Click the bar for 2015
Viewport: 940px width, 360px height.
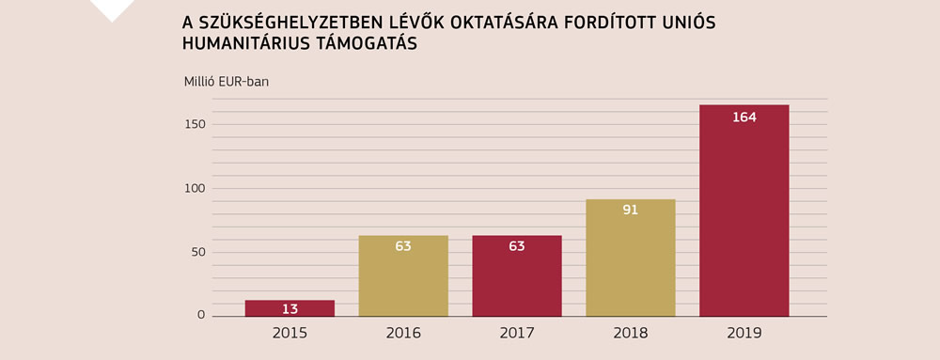[290, 308]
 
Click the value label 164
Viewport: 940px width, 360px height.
[744, 117]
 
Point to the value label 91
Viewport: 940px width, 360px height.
[630, 210]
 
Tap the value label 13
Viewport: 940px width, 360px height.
[290, 309]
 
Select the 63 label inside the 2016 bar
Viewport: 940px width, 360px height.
[403, 246]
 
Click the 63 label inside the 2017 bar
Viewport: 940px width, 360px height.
[517, 246]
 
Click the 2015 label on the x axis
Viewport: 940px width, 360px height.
[290, 333]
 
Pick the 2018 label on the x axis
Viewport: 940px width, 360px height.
[630, 333]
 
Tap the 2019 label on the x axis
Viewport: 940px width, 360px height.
[744, 333]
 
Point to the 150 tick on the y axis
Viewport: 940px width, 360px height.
[195, 124]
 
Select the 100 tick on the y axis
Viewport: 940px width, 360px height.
[195, 188]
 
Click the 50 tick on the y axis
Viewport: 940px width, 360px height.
[197, 252]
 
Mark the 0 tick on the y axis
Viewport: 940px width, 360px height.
[201, 315]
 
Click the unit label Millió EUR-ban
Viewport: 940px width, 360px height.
[227, 80]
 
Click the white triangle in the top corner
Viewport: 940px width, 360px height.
[112, 8]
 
